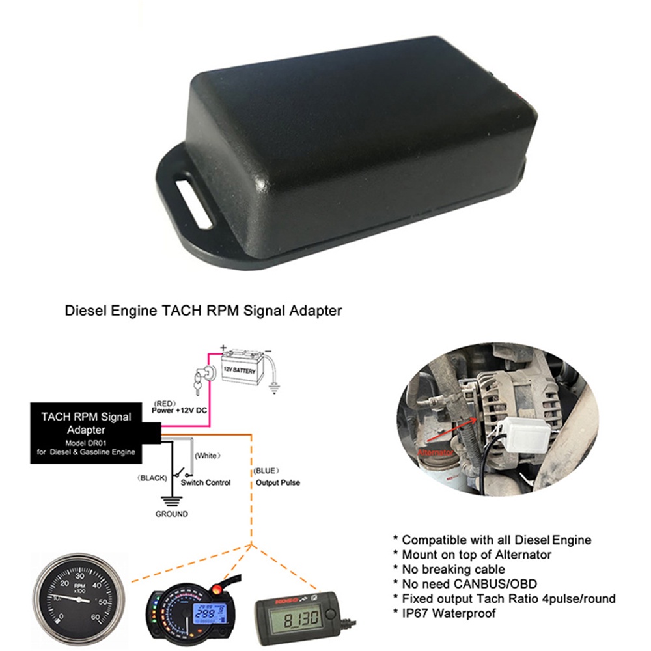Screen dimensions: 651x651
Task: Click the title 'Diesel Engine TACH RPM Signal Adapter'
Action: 203,311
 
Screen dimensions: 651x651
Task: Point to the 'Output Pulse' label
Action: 278,483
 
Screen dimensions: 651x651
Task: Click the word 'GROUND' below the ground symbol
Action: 171,514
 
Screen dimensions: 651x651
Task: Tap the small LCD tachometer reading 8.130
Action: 300,613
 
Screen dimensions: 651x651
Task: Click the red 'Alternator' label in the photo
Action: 435,452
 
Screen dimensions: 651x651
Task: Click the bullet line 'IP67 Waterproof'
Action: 449,613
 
